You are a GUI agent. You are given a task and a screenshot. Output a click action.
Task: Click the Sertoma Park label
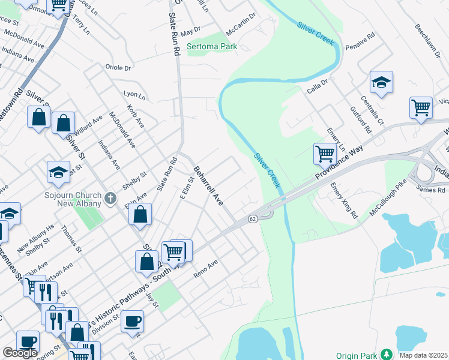pyautogui.click(x=212, y=46)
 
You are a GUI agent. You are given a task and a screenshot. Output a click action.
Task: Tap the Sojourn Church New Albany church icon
pyautogui.click(x=110, y=198)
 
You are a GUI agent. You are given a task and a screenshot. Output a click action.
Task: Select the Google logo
pyautogui.click(x=20, y=353)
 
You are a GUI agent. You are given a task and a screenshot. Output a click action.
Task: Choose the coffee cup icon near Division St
pyautogui.click(x=132, y=320)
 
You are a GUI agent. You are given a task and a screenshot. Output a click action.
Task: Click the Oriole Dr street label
pyautogui.click(x=118, y=68)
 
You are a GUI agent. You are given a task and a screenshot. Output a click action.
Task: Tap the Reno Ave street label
pyautogui.click(x=205, y=269)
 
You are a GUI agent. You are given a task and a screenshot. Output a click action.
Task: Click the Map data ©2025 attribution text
pyautogui.click(x=423, y=355)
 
